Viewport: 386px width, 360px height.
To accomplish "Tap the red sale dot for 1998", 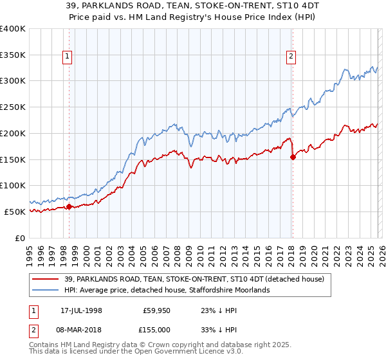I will (x=69, y=206).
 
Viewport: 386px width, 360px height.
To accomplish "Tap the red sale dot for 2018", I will (x=293, y=156).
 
